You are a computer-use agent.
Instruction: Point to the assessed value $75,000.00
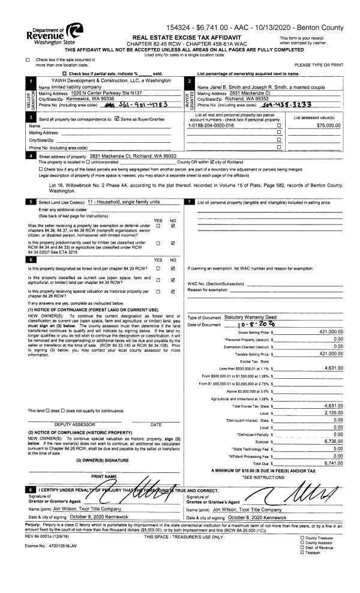pos(327,125)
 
